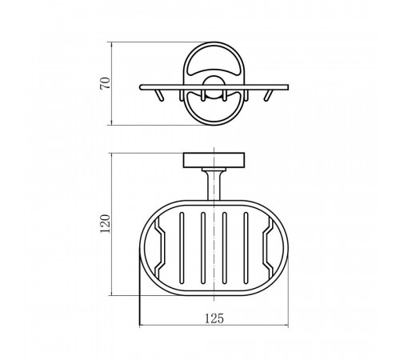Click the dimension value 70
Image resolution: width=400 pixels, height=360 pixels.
coord(105,83)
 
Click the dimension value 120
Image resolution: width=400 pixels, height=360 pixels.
coord(105,223)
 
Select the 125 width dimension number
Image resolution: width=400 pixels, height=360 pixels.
coord(214,318)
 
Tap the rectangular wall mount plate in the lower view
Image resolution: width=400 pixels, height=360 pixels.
coord(214,160)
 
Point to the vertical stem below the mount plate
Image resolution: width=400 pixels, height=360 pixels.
coord(214,186)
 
